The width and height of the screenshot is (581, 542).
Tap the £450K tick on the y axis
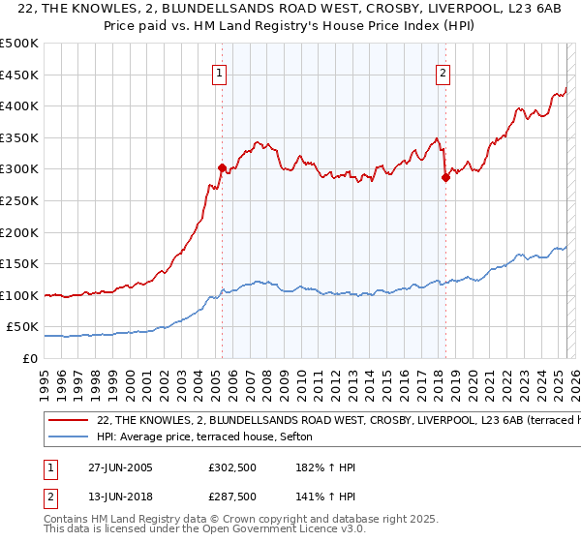(x=18, y=75)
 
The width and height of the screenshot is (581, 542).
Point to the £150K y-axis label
(x=18, y=263)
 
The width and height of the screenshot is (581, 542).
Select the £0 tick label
(x=28, y=358)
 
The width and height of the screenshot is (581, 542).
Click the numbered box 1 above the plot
(x=220, y=73)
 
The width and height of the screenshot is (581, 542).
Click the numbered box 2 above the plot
(x=443, y=73)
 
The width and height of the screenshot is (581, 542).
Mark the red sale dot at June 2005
(x=222, y=167)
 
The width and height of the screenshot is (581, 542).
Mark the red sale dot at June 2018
(x=445, y=177)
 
